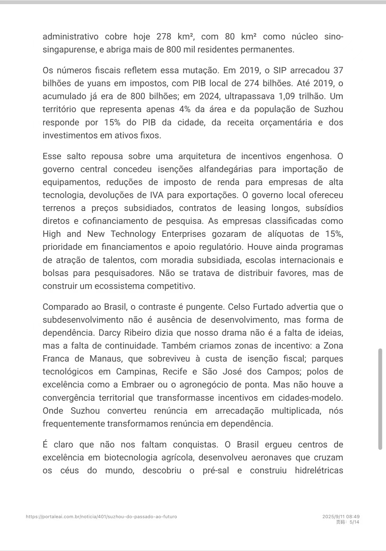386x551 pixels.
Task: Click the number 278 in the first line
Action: pyautogui.click(x=164, y=37)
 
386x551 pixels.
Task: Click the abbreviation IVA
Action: pyautogui.click(x=157, y=195)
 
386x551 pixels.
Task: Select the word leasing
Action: pyautogui.click(x=251, y=208)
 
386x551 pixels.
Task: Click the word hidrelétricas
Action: pyautogui.click(x=319, y=470)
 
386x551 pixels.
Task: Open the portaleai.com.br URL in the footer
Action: pyautogui.click(x=101, y=517)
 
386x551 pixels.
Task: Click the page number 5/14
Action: pyautogui.click(x=354, y=522)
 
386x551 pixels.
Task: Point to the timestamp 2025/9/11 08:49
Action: pyautogui.click(x=341, y=517)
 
